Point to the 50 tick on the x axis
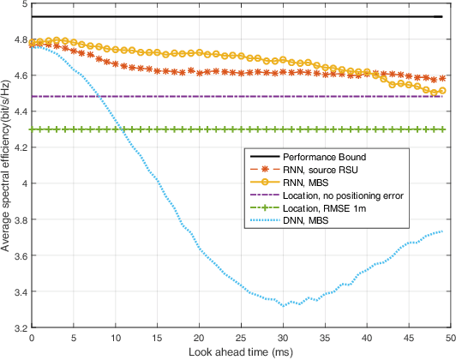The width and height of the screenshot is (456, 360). click(451, 339)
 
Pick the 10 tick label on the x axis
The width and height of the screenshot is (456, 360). click(116, 339)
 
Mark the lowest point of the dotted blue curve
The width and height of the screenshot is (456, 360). click(283, 305)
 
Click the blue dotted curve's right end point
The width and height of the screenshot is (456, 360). click(442, 231)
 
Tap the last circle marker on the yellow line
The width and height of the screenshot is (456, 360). click(442, 91)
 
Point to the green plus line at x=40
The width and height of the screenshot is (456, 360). click(367, 129)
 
